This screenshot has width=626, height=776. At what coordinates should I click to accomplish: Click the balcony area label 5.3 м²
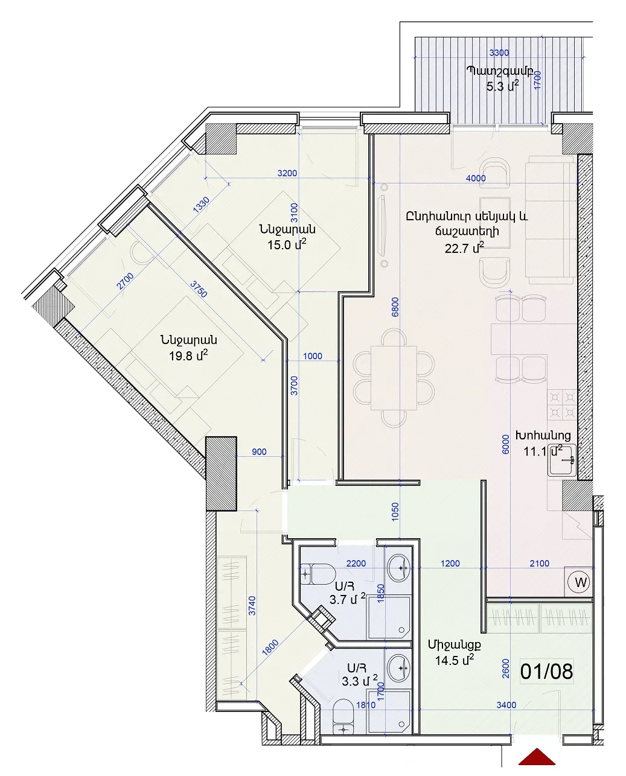[x=503, y=86]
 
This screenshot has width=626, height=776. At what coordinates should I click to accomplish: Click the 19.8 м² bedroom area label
[x=188, y=355]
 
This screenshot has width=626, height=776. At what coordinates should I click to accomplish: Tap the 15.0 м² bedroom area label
[x=287, y=244]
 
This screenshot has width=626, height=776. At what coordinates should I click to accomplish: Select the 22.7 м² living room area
[x=464, y=248]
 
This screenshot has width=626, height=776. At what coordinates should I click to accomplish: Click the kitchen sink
[x=562, y=460]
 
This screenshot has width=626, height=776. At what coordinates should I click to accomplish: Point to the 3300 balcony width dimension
[x=499, y=52]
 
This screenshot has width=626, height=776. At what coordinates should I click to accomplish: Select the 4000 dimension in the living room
[x=476, y=178]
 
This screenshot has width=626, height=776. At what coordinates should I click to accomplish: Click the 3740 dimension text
[x=252, y=606]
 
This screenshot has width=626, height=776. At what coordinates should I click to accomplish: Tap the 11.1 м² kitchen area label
[x=543, y=451]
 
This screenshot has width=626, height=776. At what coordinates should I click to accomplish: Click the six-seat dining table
[x=394, y=378]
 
